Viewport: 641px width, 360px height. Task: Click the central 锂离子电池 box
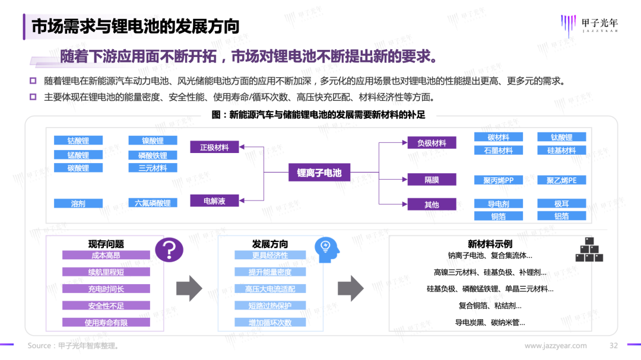coord(319,173)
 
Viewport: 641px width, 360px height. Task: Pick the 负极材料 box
coord(431,143)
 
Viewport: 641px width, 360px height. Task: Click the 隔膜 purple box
coord(431,180)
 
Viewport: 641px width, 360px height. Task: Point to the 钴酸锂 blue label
coord(78,141)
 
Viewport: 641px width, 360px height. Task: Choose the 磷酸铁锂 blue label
coord(153,155)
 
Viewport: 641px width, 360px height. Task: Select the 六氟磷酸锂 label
coord(153,203)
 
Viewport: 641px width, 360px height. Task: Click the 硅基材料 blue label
coord(561,150)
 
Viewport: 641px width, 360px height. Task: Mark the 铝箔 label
coord(561,216)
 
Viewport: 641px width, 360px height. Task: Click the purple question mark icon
coord(169,250)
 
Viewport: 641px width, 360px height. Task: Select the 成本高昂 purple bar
coord(106,255)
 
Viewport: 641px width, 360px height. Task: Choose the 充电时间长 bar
coord(106,289)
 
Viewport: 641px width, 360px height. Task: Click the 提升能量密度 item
coord(270,272)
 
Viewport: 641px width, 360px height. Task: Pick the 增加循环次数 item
coord(270,323)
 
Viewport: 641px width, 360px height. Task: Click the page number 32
coord(614,346)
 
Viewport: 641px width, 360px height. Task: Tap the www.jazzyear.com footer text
coord(556,346)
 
